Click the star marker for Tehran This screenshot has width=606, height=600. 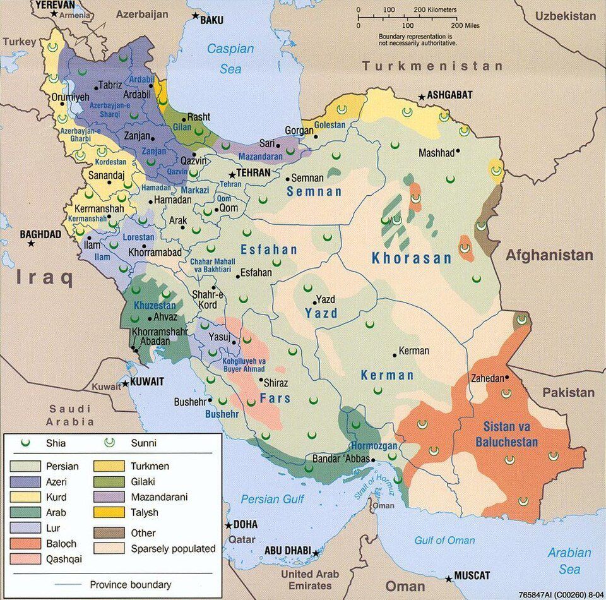tap(233, 174)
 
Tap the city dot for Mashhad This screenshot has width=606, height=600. tap(458, 152)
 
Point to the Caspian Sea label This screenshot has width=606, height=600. tap(231, 59)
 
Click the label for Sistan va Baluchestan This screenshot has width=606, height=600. tap(511, 434)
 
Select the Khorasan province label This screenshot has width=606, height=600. tap(412, 258)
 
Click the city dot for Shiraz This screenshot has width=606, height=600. tap(261, 380)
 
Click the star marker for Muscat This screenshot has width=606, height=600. tap(449, 578)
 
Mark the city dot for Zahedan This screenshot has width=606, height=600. tap(508, 378)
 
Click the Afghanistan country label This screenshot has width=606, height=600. tap(549, 255)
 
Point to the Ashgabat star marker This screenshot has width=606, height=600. tap(421, 97)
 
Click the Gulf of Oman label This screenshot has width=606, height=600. tap(445, 540)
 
